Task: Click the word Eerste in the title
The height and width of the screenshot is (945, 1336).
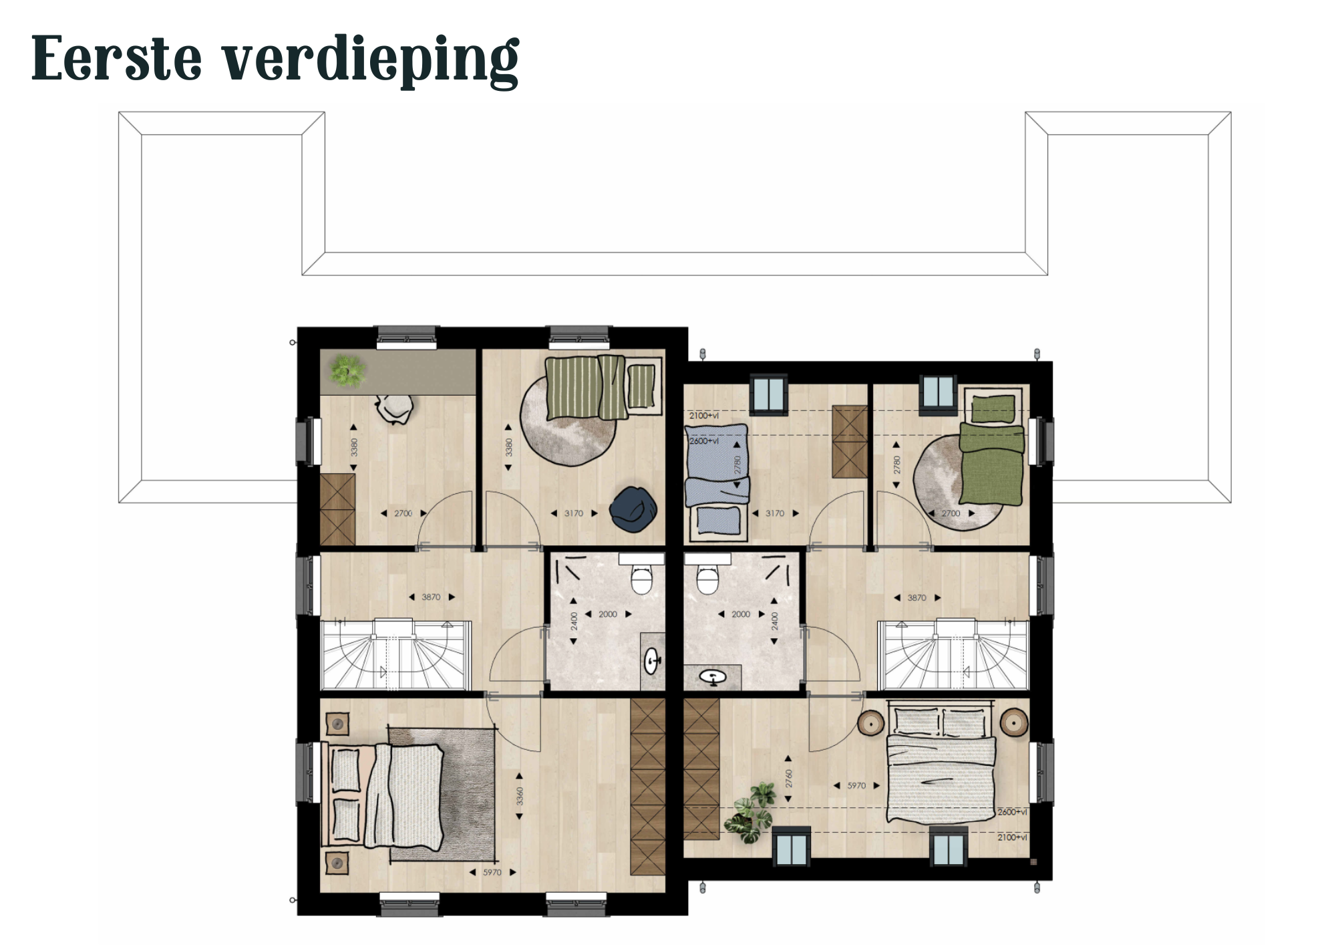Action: (x=116, y=59)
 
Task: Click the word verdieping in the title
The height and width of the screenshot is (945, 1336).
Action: (x=370, y=61)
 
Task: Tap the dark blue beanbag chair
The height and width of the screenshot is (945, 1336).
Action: (x=633, y=509)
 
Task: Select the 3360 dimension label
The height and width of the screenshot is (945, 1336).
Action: (x=520, y=796)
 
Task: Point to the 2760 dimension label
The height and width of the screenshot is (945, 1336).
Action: (x=788, y=779)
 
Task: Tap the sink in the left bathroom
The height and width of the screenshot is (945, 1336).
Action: (x=652, y=662)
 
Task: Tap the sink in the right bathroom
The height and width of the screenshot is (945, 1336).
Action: (x=713, y=678)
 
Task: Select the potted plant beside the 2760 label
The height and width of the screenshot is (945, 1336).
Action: (x=753, y=813)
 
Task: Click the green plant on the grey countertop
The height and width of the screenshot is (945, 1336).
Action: (x=347, y=370)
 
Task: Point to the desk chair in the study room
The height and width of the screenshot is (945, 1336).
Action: (x=394, y=408)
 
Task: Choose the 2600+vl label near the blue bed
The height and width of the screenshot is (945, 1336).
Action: (x=704, y=441)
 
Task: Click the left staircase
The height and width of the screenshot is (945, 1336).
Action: (x=396, y=655)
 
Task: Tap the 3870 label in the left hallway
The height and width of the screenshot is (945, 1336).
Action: (x=431, y=597)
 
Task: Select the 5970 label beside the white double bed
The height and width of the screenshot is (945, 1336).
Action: (x=856, y=785)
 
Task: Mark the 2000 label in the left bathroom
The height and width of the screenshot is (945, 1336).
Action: (x=608, y=614)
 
